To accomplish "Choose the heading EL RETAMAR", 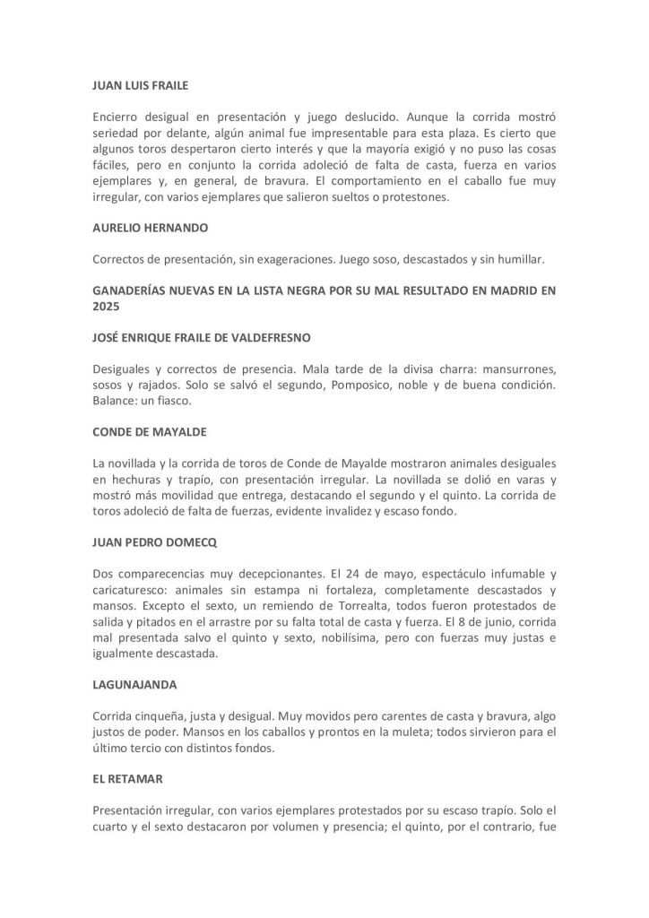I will (128, 780).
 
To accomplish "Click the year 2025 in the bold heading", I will (107, 305).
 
